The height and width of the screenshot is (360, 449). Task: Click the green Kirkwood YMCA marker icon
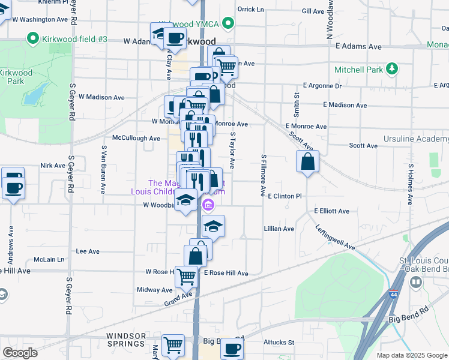[228, 24]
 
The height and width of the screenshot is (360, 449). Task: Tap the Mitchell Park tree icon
[392, 69]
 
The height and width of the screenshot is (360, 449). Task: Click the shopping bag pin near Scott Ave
[307, 161]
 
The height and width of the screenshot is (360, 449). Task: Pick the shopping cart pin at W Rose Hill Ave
[187, 276]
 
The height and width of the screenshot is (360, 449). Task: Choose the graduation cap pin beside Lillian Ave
[213, 226]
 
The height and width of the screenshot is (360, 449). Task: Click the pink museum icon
[208, 206]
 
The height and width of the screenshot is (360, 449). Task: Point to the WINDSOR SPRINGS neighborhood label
[126, 340]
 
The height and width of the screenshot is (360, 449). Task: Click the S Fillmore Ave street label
[263, 175]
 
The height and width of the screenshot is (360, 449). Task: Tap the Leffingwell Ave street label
[335, 238]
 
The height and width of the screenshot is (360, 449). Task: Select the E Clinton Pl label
[284, 196]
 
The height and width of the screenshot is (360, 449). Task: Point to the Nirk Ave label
[53, 166]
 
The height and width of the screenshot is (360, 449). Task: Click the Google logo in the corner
[20, 353]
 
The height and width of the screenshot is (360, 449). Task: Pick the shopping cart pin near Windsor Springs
[173, 345]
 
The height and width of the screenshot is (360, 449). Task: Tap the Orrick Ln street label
[250, 10]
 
